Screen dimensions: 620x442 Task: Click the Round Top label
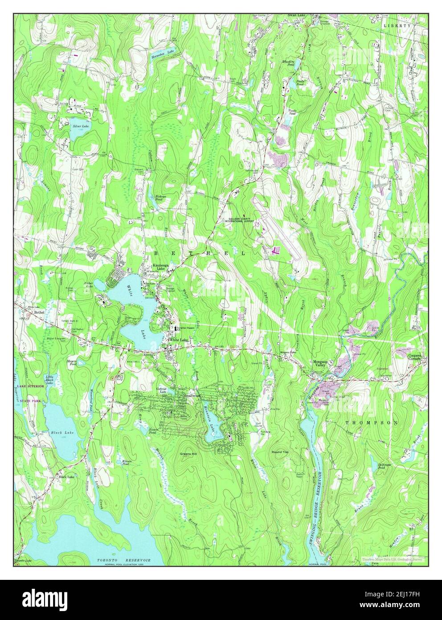281,452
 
